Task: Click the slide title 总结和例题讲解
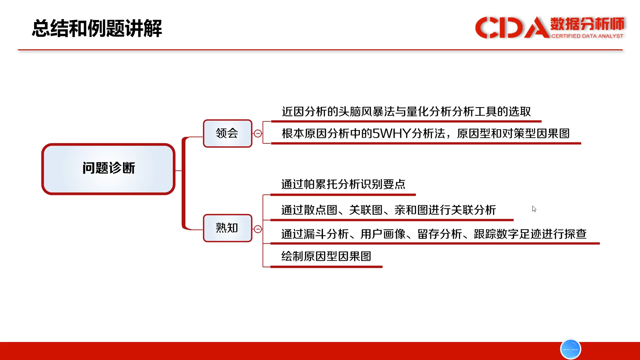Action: [97, 28]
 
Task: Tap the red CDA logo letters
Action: [512, 28]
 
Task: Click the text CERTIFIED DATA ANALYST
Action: [587, 36]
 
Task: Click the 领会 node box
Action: [227, 133]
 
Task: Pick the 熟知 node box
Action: [227, 228]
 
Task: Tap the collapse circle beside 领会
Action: [258, 133]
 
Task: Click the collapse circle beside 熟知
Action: [258, 229]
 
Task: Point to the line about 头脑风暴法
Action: [406, 112]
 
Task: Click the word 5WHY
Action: [391, 134]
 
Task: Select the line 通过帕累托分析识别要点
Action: [343, 184]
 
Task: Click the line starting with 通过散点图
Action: [389, 210]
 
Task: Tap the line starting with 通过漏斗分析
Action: [434, 234]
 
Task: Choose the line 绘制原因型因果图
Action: [326, 256]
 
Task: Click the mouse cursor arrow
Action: [534, 209]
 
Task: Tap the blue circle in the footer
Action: [571, 349]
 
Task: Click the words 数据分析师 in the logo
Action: [587, 24]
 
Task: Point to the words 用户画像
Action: [383, 234]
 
